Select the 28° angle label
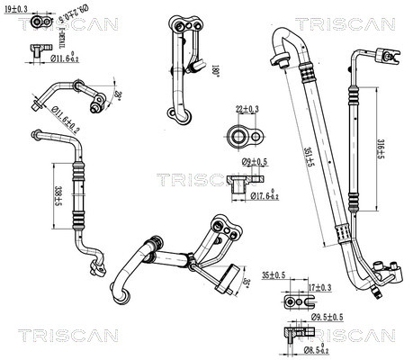pyautogui.click(x=117, y=94)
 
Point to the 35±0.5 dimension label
pyautogui.click(x=274, y=274)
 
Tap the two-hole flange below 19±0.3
pyautogui.click(x=37, y=49)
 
